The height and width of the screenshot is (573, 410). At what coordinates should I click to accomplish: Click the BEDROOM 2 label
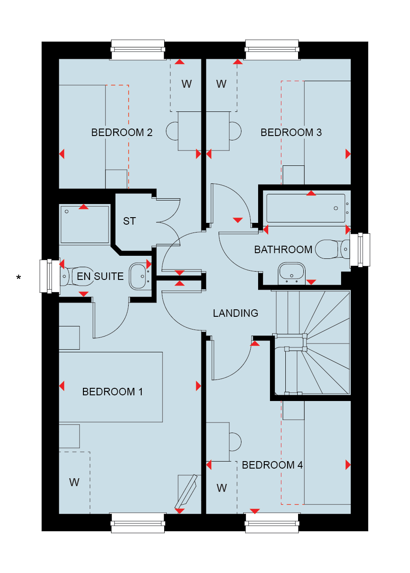pos(122,133)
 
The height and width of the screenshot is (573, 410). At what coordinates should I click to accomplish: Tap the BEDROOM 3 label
pos(291,133)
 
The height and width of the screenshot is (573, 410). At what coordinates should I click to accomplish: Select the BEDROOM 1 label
pos(112,392)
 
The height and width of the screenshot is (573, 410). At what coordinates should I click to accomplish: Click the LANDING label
pos(235,313)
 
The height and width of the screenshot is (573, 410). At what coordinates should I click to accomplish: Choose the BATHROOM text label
pos(283,250)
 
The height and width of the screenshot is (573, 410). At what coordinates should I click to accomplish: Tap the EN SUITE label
pos(100,276)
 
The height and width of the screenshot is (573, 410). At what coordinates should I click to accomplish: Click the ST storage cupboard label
pos(129,221)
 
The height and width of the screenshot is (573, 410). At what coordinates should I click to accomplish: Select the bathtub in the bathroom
pos(307,208)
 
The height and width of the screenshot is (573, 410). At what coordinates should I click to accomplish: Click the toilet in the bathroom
pos(332,249)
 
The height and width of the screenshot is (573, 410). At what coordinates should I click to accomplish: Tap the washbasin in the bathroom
pos(291,273)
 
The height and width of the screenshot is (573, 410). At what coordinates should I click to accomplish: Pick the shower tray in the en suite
pos(85,224)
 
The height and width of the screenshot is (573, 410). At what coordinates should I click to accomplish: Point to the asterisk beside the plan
pos(18,277)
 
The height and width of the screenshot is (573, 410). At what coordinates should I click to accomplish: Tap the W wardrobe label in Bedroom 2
pos(187,84)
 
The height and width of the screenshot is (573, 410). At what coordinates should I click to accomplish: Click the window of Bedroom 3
pos(272,50)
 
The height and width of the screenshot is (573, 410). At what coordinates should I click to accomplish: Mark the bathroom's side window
pos(360,250)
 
